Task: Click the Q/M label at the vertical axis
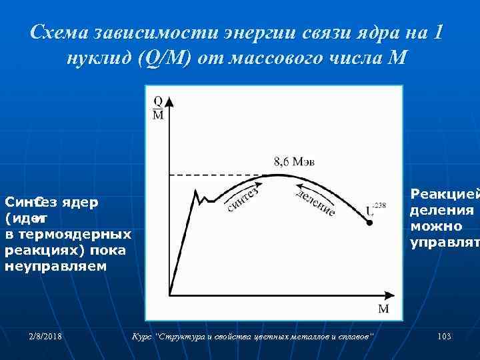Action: point(158,107)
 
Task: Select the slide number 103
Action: point(444,337)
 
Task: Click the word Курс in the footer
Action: point(143,337)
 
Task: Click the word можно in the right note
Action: point(437,225)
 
